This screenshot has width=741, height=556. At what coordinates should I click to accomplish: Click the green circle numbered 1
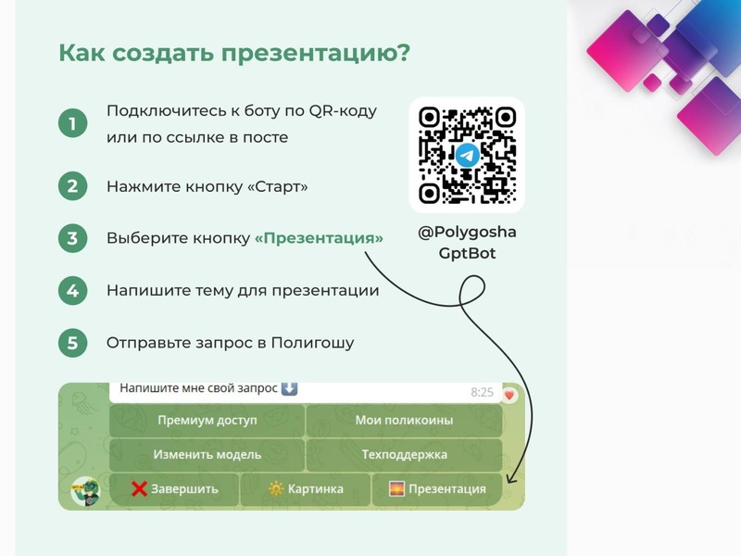72,123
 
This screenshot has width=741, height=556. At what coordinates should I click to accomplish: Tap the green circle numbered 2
72,186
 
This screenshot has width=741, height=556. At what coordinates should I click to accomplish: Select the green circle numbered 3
72,238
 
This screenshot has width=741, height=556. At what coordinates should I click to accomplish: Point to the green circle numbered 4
72,291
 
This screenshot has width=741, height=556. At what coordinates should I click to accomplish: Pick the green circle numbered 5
72,343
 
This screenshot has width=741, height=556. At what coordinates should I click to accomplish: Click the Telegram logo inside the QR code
467,155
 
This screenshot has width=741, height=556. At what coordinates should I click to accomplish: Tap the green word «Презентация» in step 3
319,238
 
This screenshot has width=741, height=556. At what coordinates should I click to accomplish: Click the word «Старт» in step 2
278,186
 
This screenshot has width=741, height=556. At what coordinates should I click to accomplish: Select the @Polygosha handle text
467,232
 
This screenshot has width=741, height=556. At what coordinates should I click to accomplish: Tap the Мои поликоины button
404,421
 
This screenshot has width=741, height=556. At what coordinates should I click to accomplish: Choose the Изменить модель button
207,455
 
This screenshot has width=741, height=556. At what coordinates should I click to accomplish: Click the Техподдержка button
404,455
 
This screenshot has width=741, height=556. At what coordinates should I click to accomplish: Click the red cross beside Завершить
139,489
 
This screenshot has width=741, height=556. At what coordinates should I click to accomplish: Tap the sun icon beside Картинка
275,489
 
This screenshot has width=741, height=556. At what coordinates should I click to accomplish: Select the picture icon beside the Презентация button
396,489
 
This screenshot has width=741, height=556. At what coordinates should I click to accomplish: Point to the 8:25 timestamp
482,392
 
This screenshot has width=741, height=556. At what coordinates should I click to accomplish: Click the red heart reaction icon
509,394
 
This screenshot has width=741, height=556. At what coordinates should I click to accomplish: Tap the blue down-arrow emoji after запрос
289,389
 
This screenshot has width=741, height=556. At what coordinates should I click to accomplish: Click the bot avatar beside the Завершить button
86,491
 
